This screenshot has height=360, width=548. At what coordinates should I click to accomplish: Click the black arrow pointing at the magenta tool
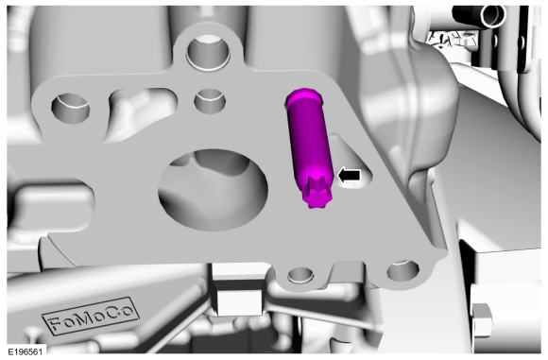(x=349, y=176)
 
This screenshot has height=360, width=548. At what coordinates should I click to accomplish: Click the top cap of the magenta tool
(x=302, y=95)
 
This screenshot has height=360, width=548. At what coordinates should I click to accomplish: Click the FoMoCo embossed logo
(x=92, y=316)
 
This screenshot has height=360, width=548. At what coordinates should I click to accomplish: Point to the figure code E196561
(x=26, y=351)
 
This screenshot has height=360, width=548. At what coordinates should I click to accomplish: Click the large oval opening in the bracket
(x=214, y=189)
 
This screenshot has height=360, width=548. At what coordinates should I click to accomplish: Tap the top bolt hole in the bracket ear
(x=209, y=51)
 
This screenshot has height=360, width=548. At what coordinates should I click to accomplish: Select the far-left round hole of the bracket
(x=70, y=109)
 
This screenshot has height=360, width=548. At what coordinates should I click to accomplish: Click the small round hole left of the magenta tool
(x=210, y=99)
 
